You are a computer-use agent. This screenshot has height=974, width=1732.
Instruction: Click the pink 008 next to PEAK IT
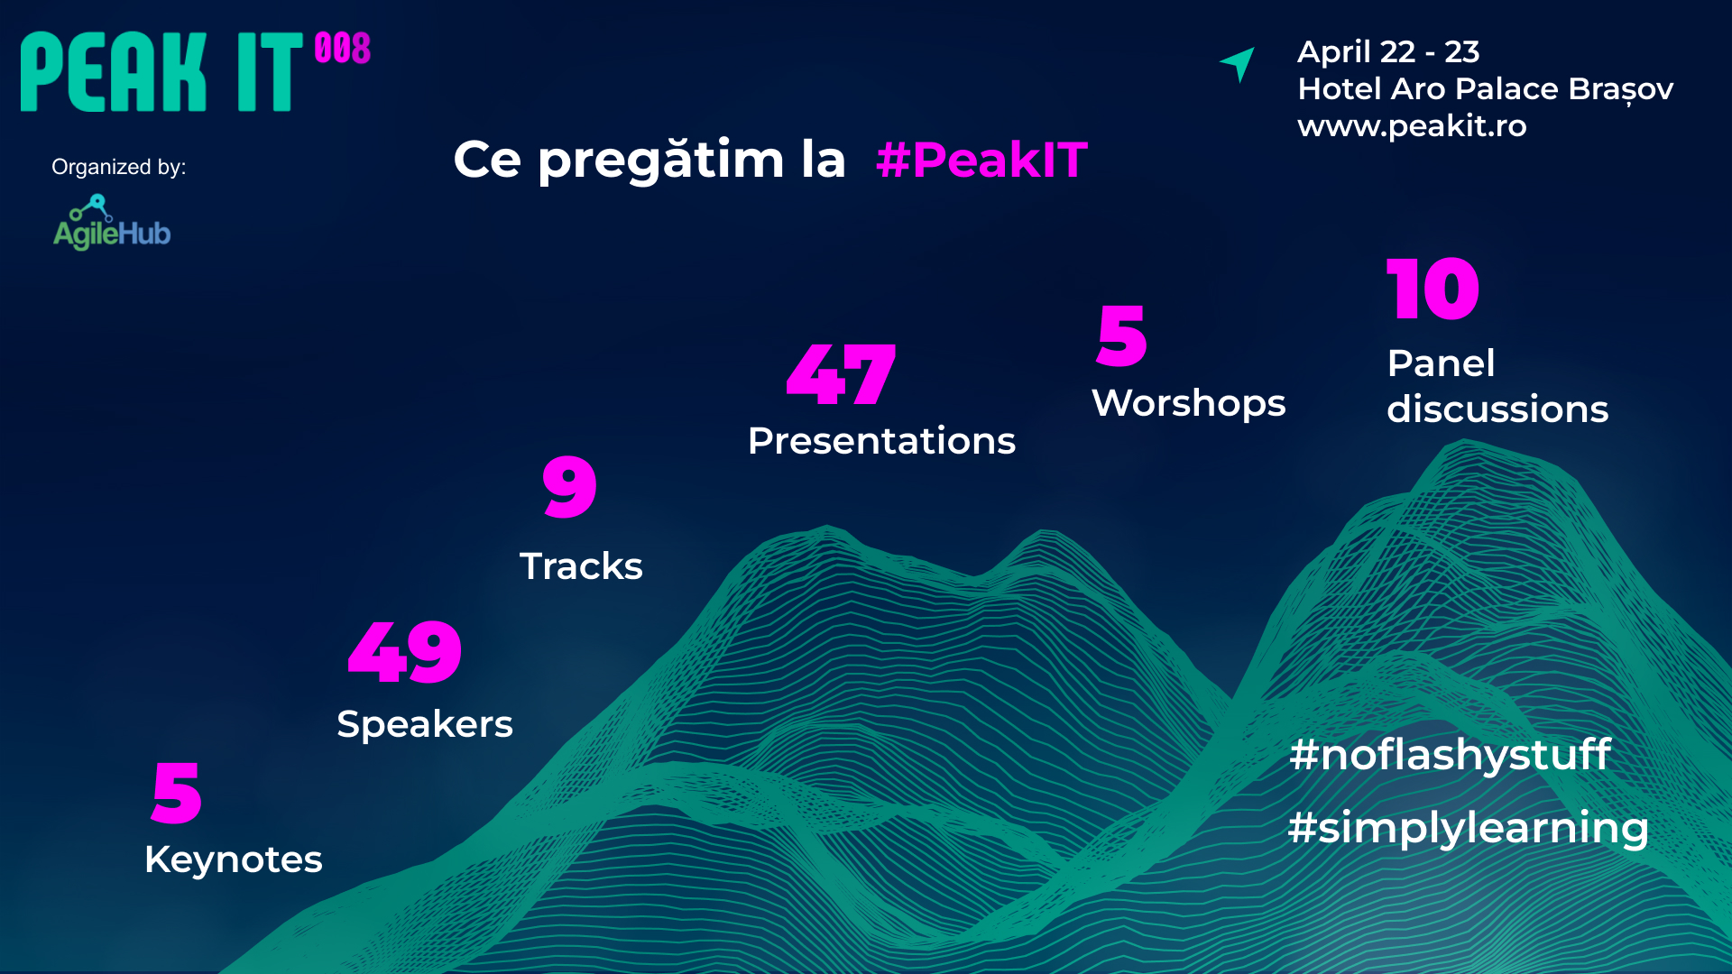tap(343, 49)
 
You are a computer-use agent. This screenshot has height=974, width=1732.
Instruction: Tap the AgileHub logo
tap(112, 224)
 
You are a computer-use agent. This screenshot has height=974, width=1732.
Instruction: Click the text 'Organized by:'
tap(119, 167)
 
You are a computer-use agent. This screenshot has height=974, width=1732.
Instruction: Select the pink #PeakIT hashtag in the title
tap(981, 161)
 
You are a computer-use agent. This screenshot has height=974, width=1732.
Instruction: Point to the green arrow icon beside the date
tap(1239, 63)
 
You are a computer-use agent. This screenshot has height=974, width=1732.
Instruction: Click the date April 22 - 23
tap(1388, 52)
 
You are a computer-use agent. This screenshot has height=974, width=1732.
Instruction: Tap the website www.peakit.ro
tap(1412, 125)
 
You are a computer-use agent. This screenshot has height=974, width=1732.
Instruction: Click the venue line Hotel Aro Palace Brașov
tap(1485, 89)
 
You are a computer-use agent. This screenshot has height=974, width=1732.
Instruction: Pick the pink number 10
tap(1433, 289)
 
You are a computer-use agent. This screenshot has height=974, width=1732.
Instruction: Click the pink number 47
tap(841, 374)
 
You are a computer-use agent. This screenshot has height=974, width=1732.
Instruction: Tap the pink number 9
tap(569, 486)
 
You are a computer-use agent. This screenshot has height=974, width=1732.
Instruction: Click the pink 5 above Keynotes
tap(177, 793)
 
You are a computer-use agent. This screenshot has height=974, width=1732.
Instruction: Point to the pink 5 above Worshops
tap(1121, 335)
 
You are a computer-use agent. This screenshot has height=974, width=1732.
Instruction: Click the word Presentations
tap(881, 441)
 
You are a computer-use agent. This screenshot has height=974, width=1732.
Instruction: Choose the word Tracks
tap(581, 566)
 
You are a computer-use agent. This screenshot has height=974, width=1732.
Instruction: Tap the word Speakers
tap(425, 724)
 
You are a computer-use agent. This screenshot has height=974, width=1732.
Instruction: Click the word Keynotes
tap(234, 859)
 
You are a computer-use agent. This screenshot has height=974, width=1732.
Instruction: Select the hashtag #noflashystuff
tap(1450, 755)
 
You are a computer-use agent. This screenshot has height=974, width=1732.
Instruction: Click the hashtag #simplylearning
tap(1468, 828)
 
